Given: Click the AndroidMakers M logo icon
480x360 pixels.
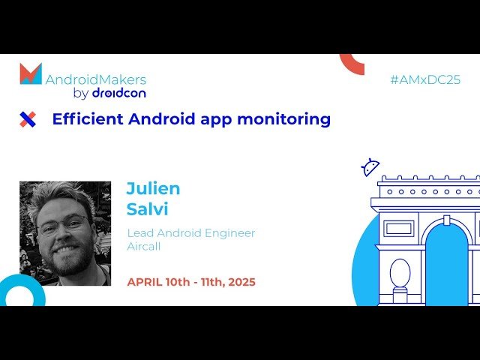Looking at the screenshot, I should [31, 73].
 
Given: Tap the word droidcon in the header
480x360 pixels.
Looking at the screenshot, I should [118, 94].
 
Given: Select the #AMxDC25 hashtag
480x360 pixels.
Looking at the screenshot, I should [425, 79].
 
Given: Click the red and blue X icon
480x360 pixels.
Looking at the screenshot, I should [28, 119].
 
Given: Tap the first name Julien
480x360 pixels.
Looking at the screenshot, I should [153, 188].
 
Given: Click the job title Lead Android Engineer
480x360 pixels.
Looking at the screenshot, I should [191, 232].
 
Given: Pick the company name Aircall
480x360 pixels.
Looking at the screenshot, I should [144, 246].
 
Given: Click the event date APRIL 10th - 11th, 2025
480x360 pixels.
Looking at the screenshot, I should [191, 282].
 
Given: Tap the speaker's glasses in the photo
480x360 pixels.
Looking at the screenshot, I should [63, 223].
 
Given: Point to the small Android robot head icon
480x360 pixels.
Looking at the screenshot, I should [370, 167].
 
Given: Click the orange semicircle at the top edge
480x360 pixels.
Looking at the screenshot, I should [352, 63].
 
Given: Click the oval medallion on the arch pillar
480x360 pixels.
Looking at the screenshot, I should [400, 273].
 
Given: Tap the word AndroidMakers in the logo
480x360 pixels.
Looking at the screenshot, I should [96, 79].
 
